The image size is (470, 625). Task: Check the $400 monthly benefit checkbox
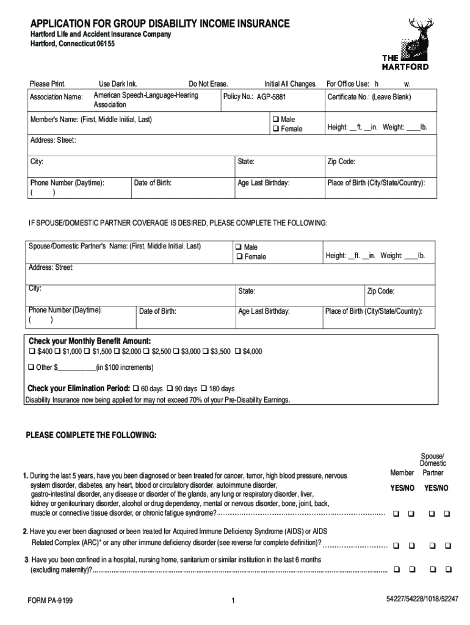[32, 352]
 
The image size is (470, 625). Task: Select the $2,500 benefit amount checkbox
[146, 352]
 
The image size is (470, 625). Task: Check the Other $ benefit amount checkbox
[32, 367]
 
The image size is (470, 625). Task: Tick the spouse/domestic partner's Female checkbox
[239, 257]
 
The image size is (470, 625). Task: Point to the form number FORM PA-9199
[50, 601]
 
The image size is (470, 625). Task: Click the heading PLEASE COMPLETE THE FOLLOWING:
[91, 435]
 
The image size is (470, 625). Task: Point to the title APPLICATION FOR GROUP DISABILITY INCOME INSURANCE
[160, 24]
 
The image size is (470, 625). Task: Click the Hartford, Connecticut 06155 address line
[73, 45]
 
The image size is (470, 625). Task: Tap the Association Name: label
[56, 98]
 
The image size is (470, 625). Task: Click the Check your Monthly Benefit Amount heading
[90, 341]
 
